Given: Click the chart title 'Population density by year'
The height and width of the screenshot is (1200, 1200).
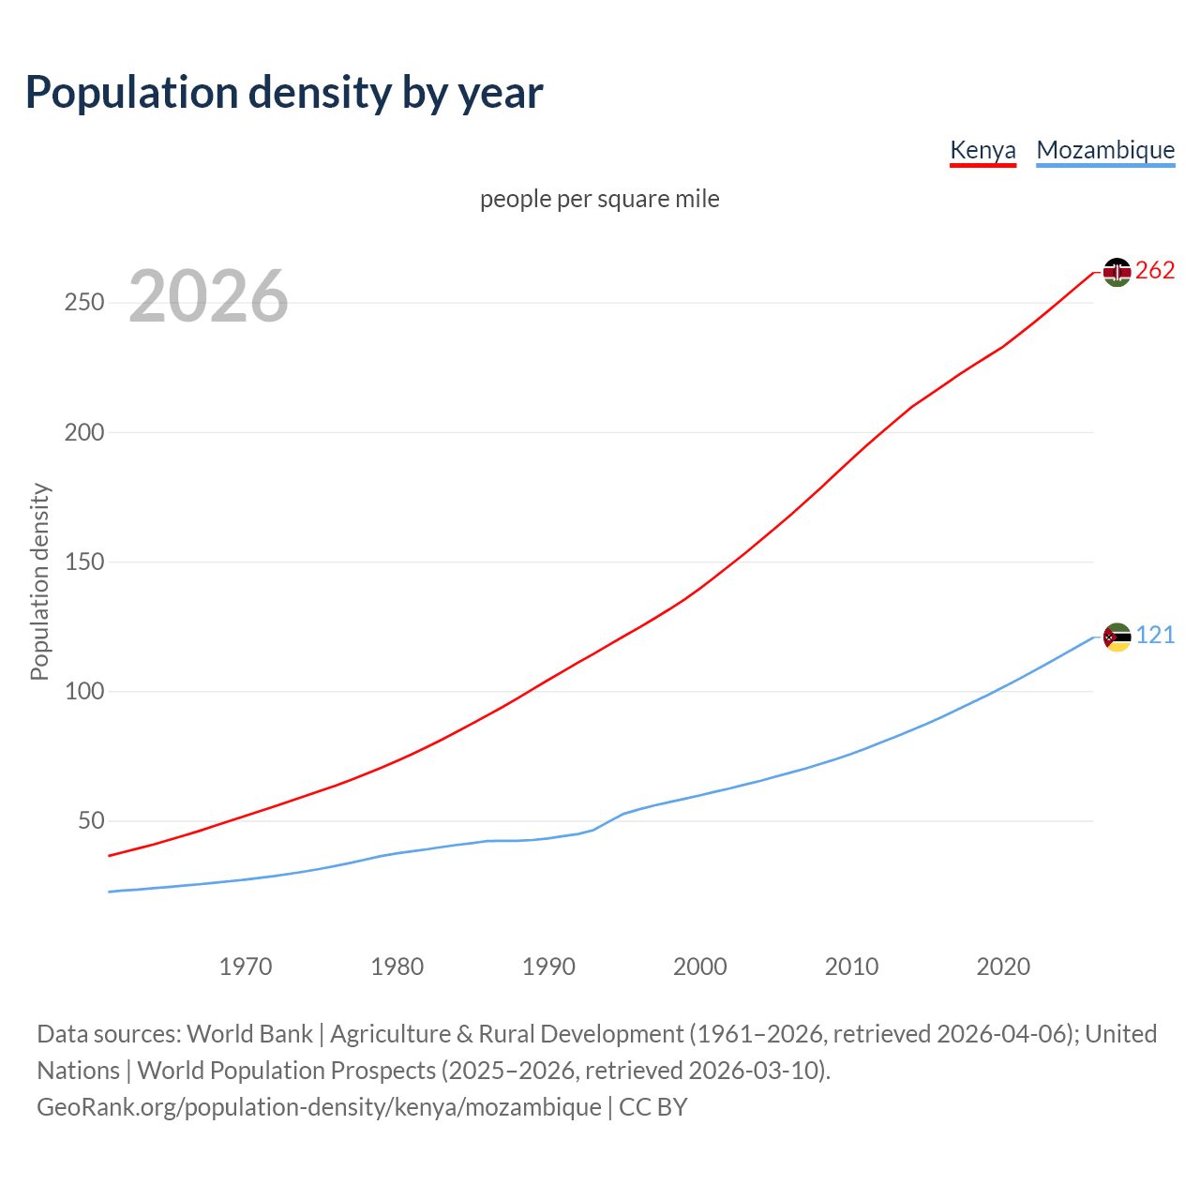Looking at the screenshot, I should click(284, 93).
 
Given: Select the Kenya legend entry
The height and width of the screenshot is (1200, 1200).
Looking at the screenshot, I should click(982, 150).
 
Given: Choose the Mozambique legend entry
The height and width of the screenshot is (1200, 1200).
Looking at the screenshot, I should click(1105, 150).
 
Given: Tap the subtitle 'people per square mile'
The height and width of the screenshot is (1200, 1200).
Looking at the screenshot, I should click(600, 199).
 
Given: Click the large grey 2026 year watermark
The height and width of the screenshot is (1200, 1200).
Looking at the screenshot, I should click(208, 296).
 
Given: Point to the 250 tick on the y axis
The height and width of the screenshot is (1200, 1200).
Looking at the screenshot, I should click(83, 303).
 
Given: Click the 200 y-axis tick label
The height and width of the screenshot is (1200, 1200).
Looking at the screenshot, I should click(83, 432).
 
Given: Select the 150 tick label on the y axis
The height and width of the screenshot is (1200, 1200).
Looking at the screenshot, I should click(83, 562).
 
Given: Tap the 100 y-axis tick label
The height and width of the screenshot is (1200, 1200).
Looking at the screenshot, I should click(83, 692).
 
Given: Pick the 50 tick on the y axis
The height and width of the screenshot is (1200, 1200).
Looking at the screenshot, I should click(91, 821).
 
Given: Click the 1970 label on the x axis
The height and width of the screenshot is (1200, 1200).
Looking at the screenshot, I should click(246, 967).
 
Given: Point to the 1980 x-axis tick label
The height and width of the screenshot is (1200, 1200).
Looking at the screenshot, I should click(397, 967).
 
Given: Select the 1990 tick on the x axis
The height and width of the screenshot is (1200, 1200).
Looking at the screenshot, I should click(548, 967).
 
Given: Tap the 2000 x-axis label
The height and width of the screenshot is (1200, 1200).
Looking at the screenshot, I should click(700, 967).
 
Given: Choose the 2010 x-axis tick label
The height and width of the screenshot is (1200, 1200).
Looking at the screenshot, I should click(851, 967).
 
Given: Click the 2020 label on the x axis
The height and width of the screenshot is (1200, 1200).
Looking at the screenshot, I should click(1003, 967).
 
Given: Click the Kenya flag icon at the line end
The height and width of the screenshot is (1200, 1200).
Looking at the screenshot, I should click(1117, 272).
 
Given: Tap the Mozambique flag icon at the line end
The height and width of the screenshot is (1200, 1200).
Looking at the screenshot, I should click(1117, 637).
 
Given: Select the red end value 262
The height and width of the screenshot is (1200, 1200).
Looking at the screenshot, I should click(1155, 271).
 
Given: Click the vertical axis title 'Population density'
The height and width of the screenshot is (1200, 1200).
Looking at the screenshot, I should click(39, 581).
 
